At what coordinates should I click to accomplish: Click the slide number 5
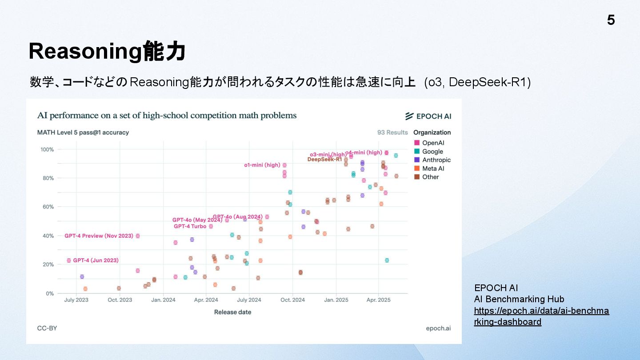click(x=611, y=20)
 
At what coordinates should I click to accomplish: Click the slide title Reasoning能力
click(x=107, y=52)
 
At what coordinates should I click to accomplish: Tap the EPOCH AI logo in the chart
click(x=428, y=116)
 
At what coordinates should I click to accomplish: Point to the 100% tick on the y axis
click(x=47, y=149)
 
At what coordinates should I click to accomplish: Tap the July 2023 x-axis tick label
click(x=76, y=300)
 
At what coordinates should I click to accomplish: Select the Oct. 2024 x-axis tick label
click(x=292, y=300)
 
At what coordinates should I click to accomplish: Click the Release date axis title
click(x=232, y=312)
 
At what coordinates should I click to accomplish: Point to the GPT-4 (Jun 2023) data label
click(x=96, y=260)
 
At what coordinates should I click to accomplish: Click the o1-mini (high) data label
click(x=262, y=165)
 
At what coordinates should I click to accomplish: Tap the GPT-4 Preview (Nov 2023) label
click(x=99, y=236)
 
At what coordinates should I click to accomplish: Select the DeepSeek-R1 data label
click(x=324, y=160)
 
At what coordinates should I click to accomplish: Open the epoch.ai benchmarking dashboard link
click(x=541, y=316)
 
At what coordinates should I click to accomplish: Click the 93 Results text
click(x=392, y=132)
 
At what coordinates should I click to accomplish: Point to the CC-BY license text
click(x=47, y=328)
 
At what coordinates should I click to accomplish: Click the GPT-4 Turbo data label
click(x=190, y=226)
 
